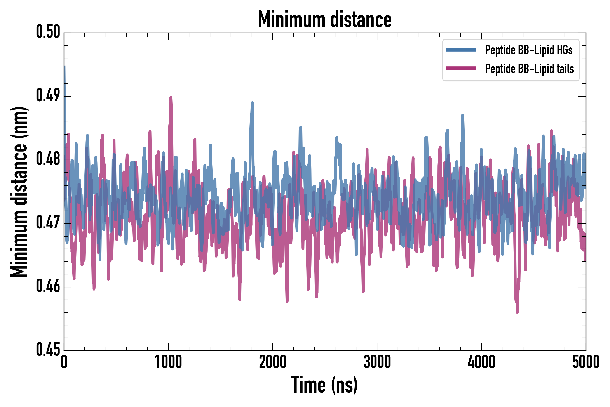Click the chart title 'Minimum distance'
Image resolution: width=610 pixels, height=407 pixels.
point(324,19)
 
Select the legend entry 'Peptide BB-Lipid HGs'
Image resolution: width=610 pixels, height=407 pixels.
point(529,50)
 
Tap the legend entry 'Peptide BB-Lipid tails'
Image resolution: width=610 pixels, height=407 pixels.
point(529,69)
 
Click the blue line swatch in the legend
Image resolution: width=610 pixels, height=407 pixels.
point(461,50)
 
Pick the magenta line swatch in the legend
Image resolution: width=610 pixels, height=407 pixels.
point(461,69)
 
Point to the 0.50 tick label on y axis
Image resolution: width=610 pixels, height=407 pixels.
point(48,32)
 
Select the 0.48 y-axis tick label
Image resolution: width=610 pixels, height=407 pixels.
point(48,159)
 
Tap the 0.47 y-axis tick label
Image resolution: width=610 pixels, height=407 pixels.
point(48,223)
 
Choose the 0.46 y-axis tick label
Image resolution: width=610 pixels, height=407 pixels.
point(48,286)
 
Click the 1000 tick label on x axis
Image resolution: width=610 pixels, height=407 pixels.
point(168,362)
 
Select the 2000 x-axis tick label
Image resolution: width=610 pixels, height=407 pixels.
point(273,362)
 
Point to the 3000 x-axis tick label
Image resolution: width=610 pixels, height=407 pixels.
point(377,362)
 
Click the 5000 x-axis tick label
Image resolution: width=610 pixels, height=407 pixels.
point(586,362)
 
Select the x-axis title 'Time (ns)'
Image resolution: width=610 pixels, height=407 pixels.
point(324,385)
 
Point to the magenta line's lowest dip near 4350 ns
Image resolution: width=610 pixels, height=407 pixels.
point(517,312)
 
